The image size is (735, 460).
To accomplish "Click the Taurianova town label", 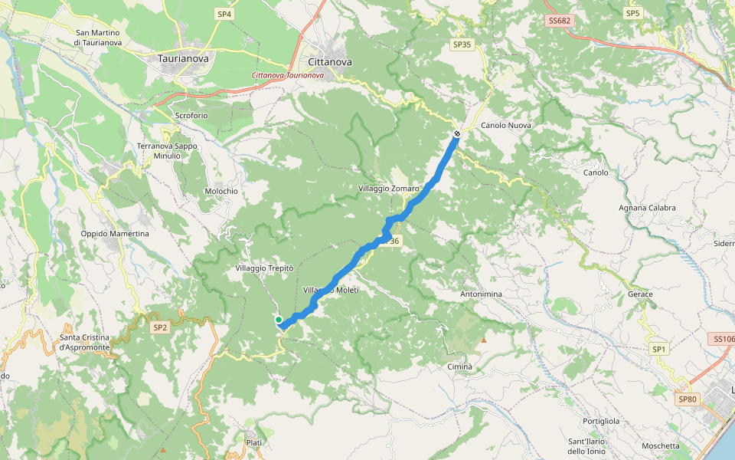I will [x=183, y=58].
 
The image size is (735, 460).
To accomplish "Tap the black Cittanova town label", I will [x=329, y=62].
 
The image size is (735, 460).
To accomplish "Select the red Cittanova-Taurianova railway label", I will [x=288, y=75].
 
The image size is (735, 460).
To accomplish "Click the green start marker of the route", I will [x=279, y=320].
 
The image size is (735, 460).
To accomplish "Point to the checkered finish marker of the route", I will [x=457, y=134].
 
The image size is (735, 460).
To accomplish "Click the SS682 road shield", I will [x=560, y=21].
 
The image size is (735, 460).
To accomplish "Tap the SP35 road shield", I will [x=462, y=44].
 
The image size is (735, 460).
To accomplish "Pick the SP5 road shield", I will [x=632, y=13].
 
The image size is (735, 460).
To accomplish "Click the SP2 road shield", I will [x=159, y=327].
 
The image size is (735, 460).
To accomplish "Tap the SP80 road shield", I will [x=688, y=399].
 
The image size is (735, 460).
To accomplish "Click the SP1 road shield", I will [x=659, y=350].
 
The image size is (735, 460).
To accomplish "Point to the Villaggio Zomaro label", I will [x=389, y=188].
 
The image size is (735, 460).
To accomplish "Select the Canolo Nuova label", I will [x=506, y=125].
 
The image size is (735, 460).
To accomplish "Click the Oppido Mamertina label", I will [x=115, y=234].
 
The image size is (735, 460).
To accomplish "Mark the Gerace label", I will [x=640, y=294].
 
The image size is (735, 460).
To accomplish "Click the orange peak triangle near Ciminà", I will [x=483, y=340].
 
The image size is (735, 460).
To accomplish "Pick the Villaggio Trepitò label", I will [x=265, y=268].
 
